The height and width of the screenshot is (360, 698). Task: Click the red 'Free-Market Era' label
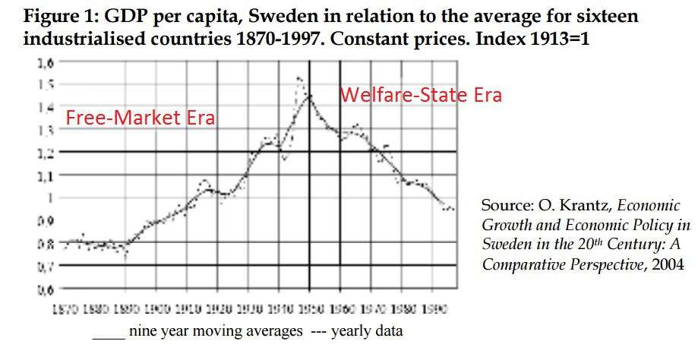click(x=140, y=118)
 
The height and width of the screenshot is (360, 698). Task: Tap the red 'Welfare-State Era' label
click(x=420, y=95)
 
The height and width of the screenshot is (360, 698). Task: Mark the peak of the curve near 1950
click(x=309, y=96)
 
